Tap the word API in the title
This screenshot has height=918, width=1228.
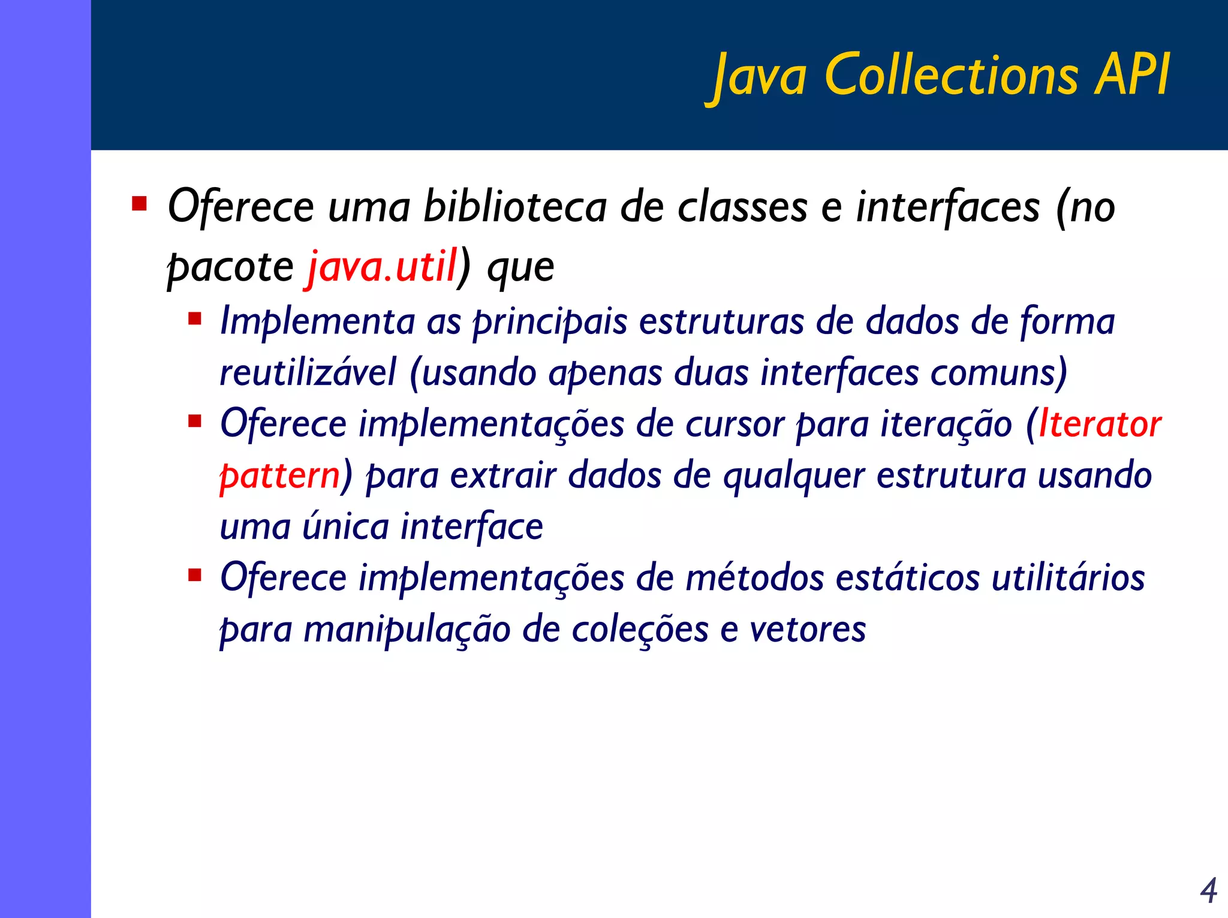click(x=1132, y=75)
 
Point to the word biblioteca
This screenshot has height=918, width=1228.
click(x=515, y=207)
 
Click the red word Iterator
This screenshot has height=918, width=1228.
click(x=1100, y=424)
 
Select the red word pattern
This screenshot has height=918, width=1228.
click(x=280, y=475)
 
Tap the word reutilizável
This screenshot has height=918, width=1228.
click(x=308, y=372)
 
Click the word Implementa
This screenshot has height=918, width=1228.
click(x=317, y=321)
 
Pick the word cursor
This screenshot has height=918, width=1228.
click(x=735, y=424)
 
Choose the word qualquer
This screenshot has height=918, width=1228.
click(x=793, y=475)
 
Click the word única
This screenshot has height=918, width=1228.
click(x=346, y=526)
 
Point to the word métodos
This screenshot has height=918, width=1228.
click(x=755, y=578)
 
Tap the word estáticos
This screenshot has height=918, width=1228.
click(x=908, y=578)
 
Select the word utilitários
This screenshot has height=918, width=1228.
click(x=1068, y=578)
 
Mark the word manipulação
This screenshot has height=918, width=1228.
click(x=407, y=630)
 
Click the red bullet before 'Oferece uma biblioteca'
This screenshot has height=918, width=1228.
click(x=140, y=204)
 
